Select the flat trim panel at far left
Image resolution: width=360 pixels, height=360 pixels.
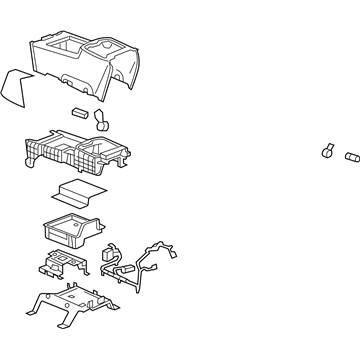click(x=13, y=88)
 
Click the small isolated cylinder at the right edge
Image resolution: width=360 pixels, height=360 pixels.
click(x=350, y=158)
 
